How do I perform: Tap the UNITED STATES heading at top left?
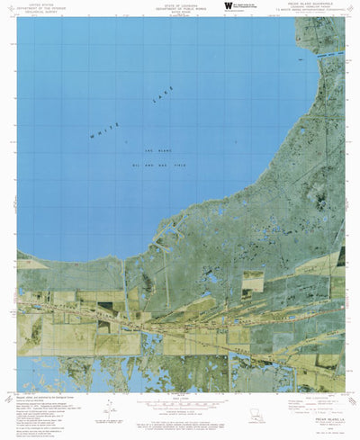pos(43,4)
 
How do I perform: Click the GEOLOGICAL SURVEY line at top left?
pos(43,11)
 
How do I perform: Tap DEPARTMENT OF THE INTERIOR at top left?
pos(43,7)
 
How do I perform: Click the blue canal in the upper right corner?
pos(335,54)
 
